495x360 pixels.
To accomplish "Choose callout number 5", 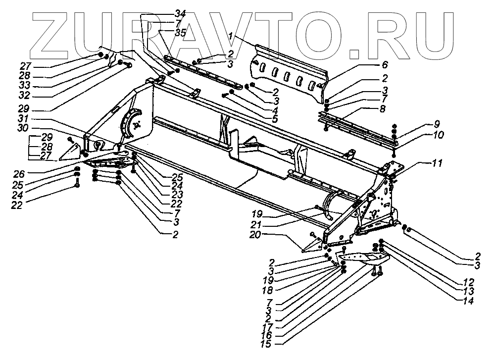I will pos(274,119).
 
